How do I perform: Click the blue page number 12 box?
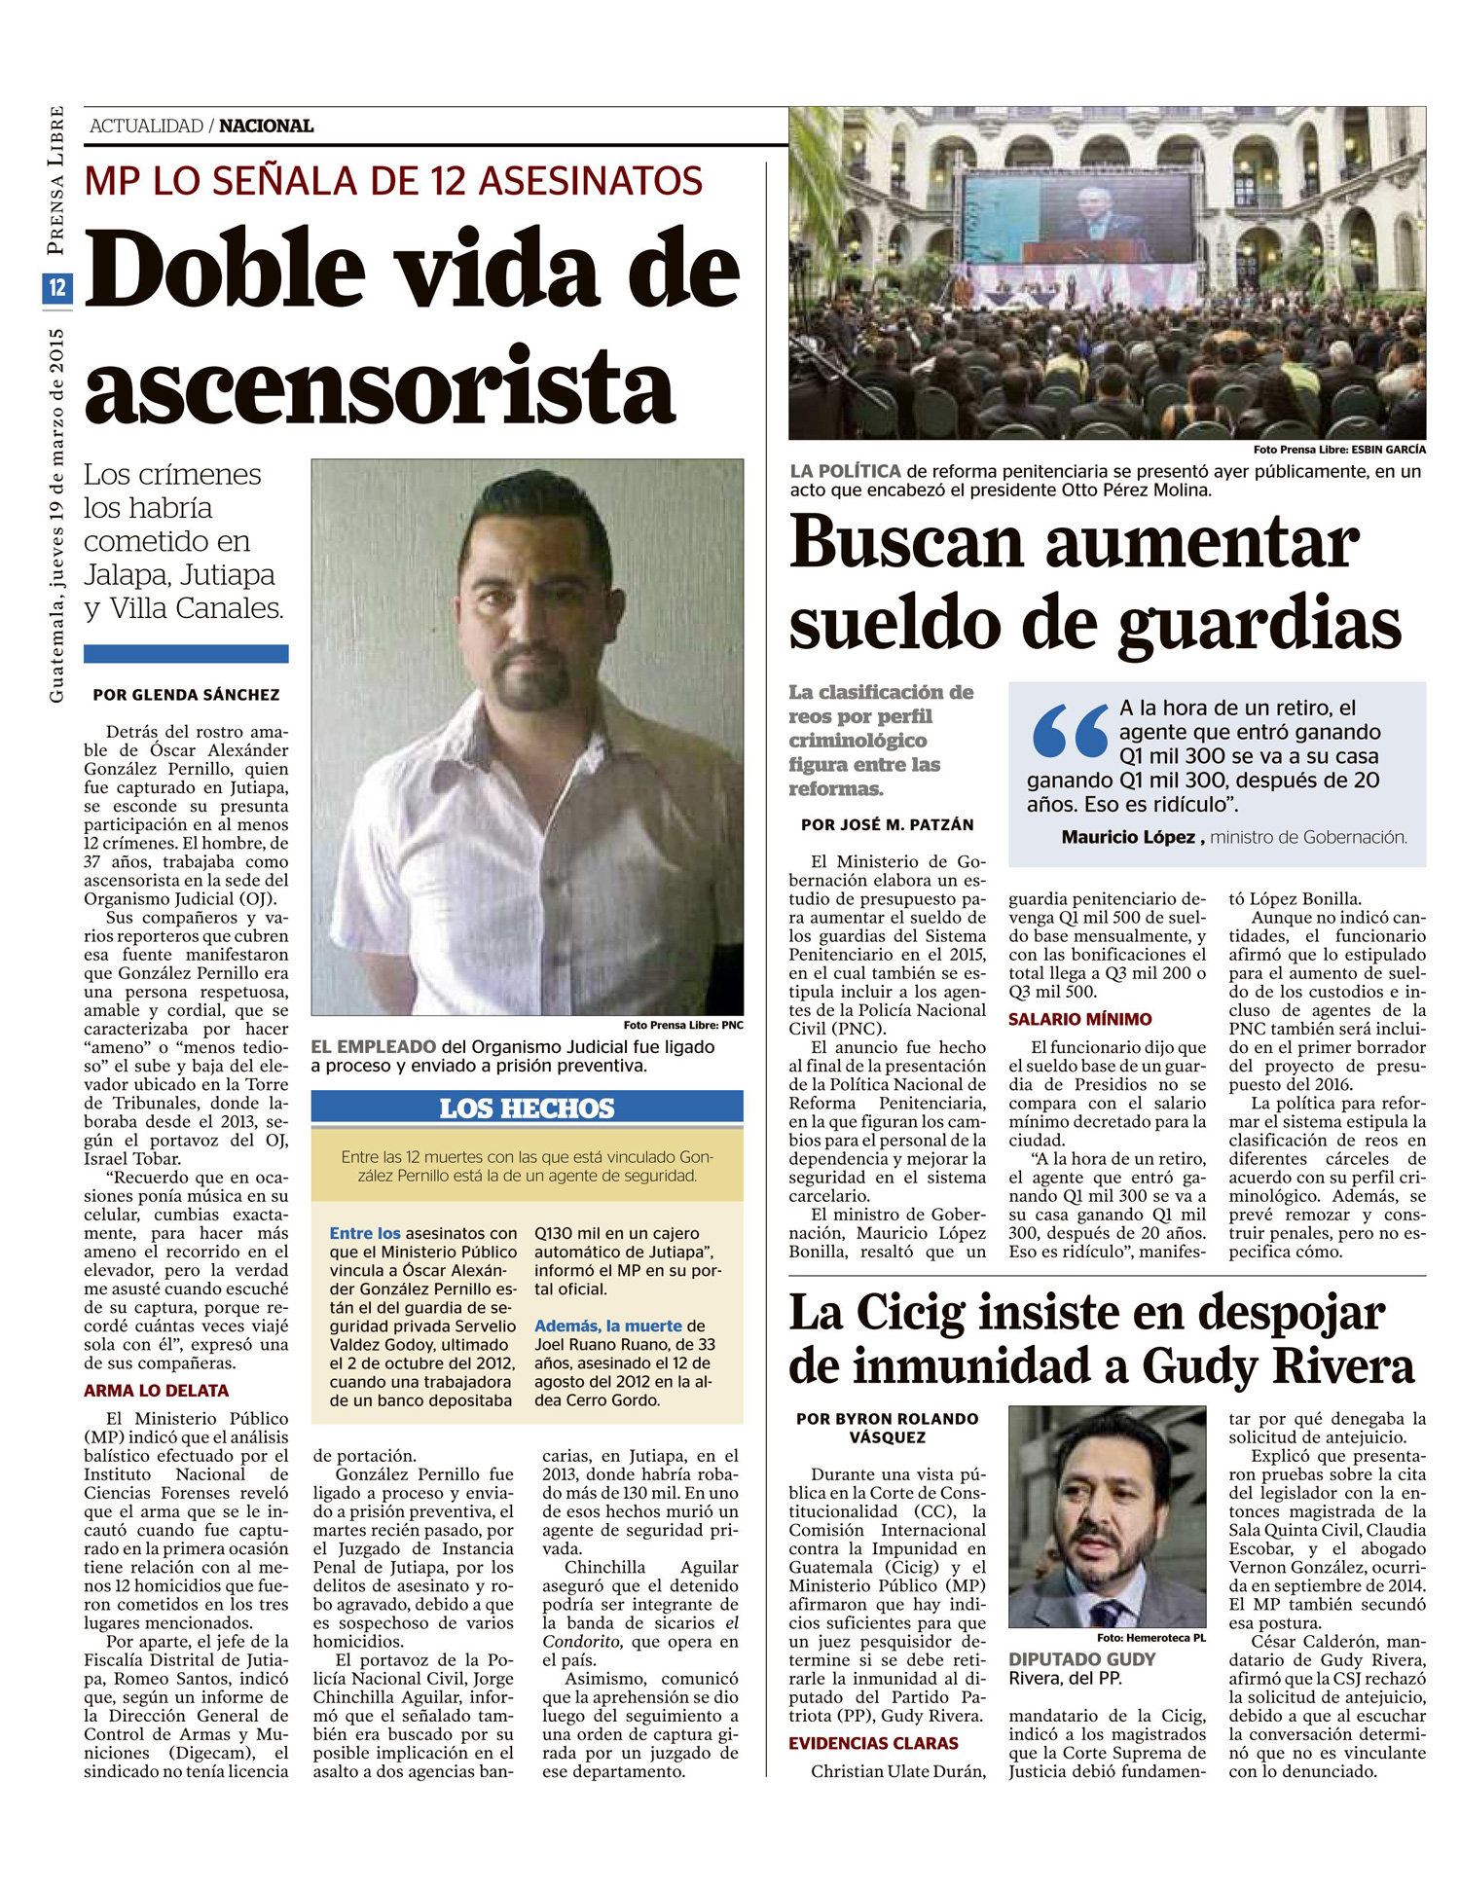57,288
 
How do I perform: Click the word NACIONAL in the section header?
266,127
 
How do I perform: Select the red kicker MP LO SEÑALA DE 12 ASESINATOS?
393,182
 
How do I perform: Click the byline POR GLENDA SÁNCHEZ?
186,695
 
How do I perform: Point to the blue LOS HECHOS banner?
527,1108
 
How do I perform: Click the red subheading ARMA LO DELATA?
156,1391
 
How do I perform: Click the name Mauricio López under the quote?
1128,837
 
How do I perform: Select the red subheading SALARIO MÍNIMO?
1079,1019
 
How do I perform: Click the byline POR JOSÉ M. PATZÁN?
887,824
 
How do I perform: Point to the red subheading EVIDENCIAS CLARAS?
873,1743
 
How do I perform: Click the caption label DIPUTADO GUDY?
1081,1659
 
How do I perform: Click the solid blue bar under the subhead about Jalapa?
186,654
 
